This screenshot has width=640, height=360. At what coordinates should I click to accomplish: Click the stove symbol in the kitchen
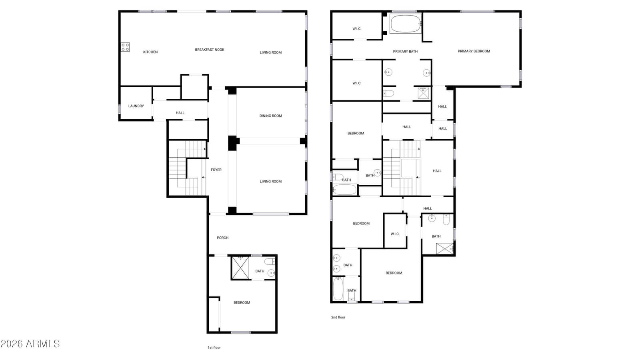[125, 47]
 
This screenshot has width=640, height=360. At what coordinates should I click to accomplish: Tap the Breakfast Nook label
[210, 50]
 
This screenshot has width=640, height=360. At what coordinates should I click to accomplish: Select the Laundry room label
[136, 106]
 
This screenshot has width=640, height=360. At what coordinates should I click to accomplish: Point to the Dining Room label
[270, 116]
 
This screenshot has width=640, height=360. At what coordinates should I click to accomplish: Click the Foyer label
[216, 170]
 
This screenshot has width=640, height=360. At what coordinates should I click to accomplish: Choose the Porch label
[222, 238]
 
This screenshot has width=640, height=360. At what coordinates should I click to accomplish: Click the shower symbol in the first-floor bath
[240, 268]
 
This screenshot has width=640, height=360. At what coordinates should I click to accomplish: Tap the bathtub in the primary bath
[405, 24]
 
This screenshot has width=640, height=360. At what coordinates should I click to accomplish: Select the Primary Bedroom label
[474, 51]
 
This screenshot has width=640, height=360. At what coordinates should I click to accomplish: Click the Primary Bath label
[405, 52]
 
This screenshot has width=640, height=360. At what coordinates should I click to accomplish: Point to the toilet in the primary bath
[388, 93]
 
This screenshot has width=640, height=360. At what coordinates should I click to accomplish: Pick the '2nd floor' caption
[338, 317]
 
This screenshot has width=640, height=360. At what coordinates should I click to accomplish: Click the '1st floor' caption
[214, 348]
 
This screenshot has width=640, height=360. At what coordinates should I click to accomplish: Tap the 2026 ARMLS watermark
[30, 344]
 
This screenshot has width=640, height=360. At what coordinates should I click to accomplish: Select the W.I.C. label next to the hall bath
[395, 234]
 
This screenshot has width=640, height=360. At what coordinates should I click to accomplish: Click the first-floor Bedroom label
[242, 302]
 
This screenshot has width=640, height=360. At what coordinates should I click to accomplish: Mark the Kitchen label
[150, 52]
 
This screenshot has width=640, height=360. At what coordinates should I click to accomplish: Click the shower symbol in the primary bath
[424, 93]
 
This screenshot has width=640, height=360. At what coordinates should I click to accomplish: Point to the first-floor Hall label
[180, 113]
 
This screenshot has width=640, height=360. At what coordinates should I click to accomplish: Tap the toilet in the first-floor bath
[270, 261]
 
